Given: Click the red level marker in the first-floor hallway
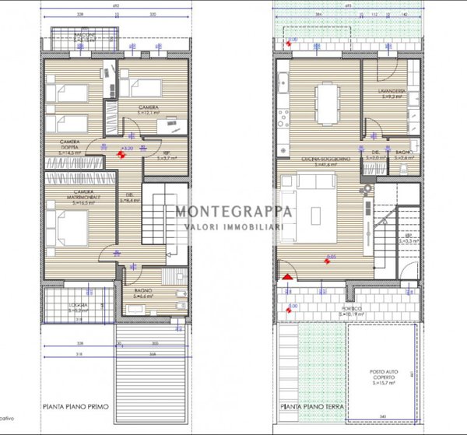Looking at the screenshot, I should [x=119, y=153].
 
